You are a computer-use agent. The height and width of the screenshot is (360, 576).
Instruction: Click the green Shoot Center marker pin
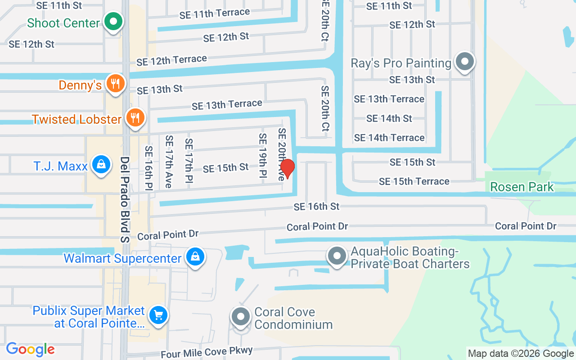click(x=113, y=21)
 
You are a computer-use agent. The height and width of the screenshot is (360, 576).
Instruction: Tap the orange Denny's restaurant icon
click(x=116, y=83)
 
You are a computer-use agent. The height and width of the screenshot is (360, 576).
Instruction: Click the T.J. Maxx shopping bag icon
click(x=102, y=165)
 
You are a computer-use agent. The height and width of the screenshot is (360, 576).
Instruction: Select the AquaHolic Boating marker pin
click(x=337, y=256)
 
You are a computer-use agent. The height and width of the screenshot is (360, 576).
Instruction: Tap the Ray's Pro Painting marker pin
click(x=465, y=62)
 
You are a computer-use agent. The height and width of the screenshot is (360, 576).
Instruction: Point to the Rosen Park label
click(x=522, y=187)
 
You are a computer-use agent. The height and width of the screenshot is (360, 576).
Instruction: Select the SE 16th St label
click(x=316, y=207)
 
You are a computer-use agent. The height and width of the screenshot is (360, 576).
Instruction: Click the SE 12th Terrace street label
click(x=172, y=60)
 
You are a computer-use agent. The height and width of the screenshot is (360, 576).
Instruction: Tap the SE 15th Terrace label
click(x=414, y=181)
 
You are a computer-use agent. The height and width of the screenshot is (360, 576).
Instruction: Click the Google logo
click(x=30, y=349)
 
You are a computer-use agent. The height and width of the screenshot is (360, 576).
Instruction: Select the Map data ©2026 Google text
click(x=521, y=354)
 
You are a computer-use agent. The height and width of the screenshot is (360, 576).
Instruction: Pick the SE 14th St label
click(x=389, y=118)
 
